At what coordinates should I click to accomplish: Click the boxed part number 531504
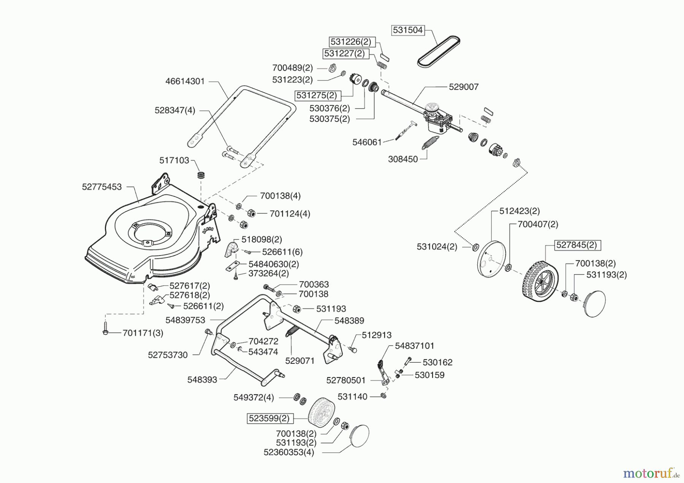[x=408, y=30]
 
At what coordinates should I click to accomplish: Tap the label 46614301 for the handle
[x=185, y=81]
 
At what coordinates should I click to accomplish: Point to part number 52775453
[x=102, y=187]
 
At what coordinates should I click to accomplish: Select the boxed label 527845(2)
[x=576, y=245]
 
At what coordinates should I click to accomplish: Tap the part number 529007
[x=464, y=87]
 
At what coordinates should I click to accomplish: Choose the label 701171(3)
[x=143, y=333]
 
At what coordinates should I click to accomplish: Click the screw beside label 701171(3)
[x=105, y=328]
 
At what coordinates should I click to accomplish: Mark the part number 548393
[x=202, y=379]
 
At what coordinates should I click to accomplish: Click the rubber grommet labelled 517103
[x=201, y=177]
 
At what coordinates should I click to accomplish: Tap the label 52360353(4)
[x=289, y=452]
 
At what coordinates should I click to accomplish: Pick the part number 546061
[x=367, y=142]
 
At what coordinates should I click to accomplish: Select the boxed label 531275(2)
[x=317, y=95]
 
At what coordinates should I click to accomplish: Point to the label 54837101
[x=414, y=346]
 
